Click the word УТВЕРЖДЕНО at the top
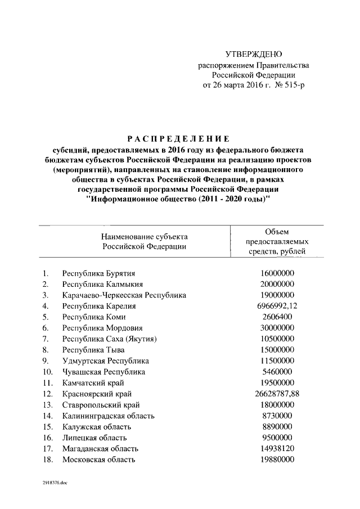253,55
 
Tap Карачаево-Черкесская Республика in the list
124,295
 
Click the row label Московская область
98,460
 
